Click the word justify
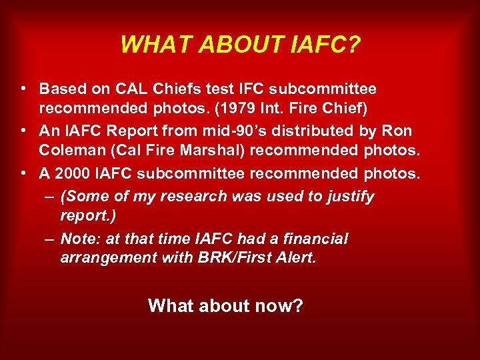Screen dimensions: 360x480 349,197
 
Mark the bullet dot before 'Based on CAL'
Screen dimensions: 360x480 23,88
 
